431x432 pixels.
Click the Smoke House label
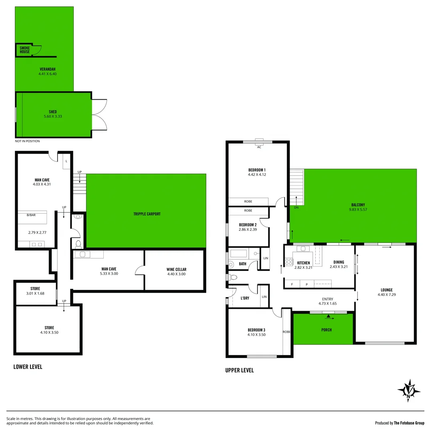point(25,50)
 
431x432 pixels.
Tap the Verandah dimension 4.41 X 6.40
point(48,74)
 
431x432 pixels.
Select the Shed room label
point(53,112)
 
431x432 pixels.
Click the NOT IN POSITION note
point(27,141)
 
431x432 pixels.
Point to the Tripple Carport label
point(147,214)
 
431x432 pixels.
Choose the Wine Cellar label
point(176,269)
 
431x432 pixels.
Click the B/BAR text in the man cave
point(31,215)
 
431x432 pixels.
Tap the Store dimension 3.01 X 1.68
point(35,293)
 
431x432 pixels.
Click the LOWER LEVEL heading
point(28,366)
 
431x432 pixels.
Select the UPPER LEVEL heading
point(240,370)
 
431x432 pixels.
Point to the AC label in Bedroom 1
point(259,147)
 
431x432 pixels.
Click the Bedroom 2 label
point(248,225)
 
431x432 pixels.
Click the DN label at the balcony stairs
point(296,208)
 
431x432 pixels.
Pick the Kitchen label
point(303,263)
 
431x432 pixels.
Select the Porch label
point(326,330)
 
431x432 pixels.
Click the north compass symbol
point(409,390)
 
